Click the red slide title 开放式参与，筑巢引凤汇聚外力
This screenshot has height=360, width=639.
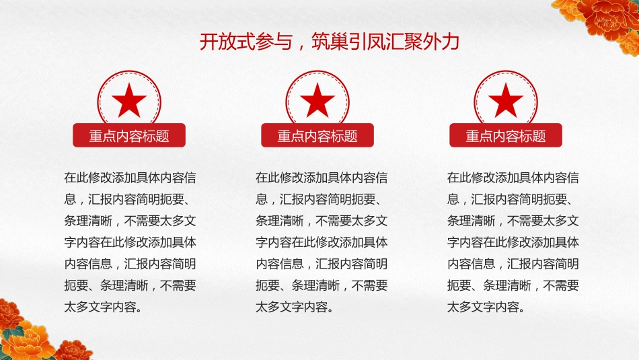click(330, 42)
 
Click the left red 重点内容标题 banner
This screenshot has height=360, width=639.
click(129, 136)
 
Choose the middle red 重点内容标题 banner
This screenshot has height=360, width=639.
click(317, 136)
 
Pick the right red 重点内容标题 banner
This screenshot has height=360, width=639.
click(506, 136)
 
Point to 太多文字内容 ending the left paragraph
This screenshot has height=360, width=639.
click(100, 308)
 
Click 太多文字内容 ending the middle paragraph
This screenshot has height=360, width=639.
click(292, 308)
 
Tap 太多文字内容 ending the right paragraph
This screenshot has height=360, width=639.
click(484, 308)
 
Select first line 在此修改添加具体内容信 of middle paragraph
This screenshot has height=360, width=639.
click(322, 178)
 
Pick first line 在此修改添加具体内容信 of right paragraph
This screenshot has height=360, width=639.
click(513, 178)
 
